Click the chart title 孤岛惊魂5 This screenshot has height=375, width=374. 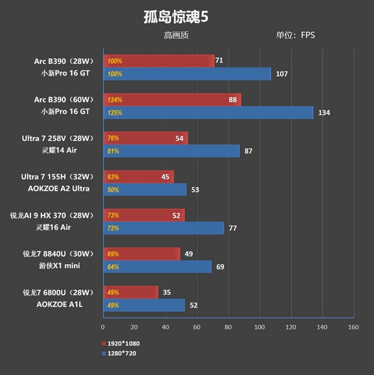(x=176, y=17)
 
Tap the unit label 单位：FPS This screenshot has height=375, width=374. (x=295, y=35)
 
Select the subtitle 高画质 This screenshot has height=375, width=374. (x=176, y=35)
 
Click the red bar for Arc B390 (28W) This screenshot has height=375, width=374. (x=159, y=61)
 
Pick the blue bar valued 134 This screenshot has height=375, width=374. (x=208, y=113)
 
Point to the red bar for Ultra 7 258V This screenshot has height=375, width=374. (x=145, y=138)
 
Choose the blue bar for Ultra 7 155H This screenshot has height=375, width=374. (x=145, y=190)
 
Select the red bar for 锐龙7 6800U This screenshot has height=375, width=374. (x=130, y=293)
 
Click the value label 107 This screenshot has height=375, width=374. (x=281, y=74)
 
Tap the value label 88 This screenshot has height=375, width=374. (x=232, y=100)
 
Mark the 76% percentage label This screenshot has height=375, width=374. (x=113, y=138)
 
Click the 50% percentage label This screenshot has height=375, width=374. (x=113, y=190)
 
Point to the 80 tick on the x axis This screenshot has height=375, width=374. (x=228, y=327)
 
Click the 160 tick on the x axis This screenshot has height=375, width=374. (x=353, y=327)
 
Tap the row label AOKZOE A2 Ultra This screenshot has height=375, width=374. (x=62, y=189)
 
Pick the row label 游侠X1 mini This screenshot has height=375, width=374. (x=59, y=266)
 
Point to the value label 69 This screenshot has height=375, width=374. (x=221, y=267)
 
